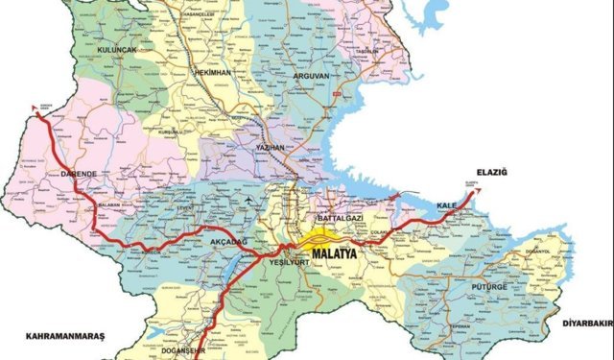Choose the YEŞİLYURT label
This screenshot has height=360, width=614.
click(x=290, y=261)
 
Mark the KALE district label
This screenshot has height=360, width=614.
click(x=446, y=206)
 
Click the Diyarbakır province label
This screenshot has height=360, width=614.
click(x=586, y=323)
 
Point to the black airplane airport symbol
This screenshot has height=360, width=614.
click(x=251, y=200)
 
